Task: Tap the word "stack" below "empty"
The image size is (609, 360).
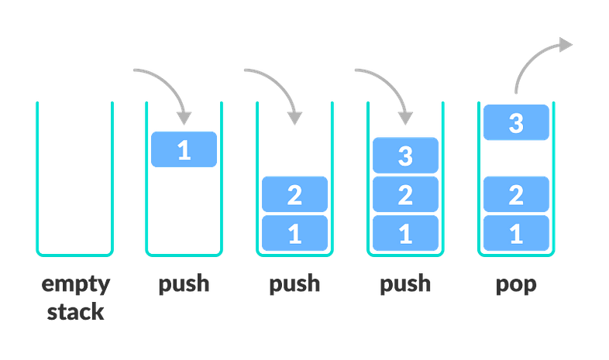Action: pyautogui.click(x=75, y=313)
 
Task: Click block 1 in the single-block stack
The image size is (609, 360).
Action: pyautogui.click(x=184, y=149)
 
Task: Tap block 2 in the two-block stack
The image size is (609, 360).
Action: pyautogui.click(x=294, y=194)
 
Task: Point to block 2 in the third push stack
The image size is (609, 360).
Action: pyautogui.click(x=405, y=194)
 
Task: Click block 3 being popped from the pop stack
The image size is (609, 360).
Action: pyautogui.click(x=516, y=122)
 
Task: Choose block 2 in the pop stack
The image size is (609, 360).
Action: pyautogui.click(x=516, y=194)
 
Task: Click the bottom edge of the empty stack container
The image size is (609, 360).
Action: pyautogui.click(x=74, y=254)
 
